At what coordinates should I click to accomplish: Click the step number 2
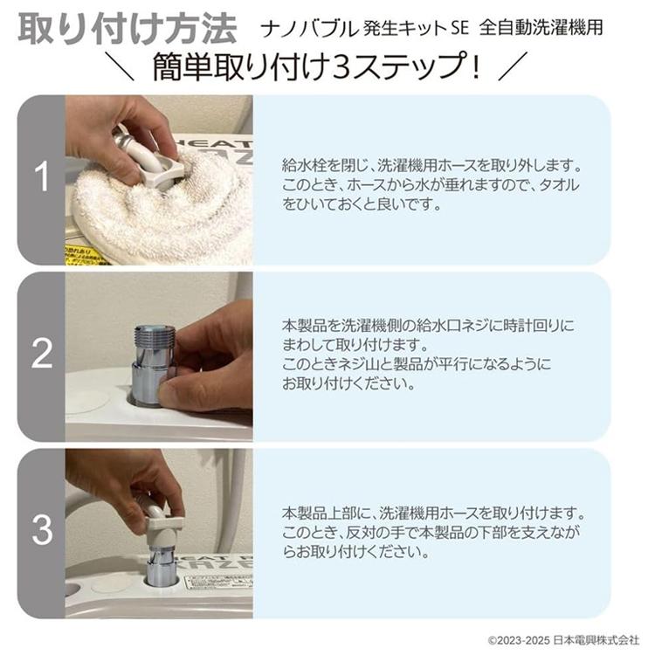point(41,355)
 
